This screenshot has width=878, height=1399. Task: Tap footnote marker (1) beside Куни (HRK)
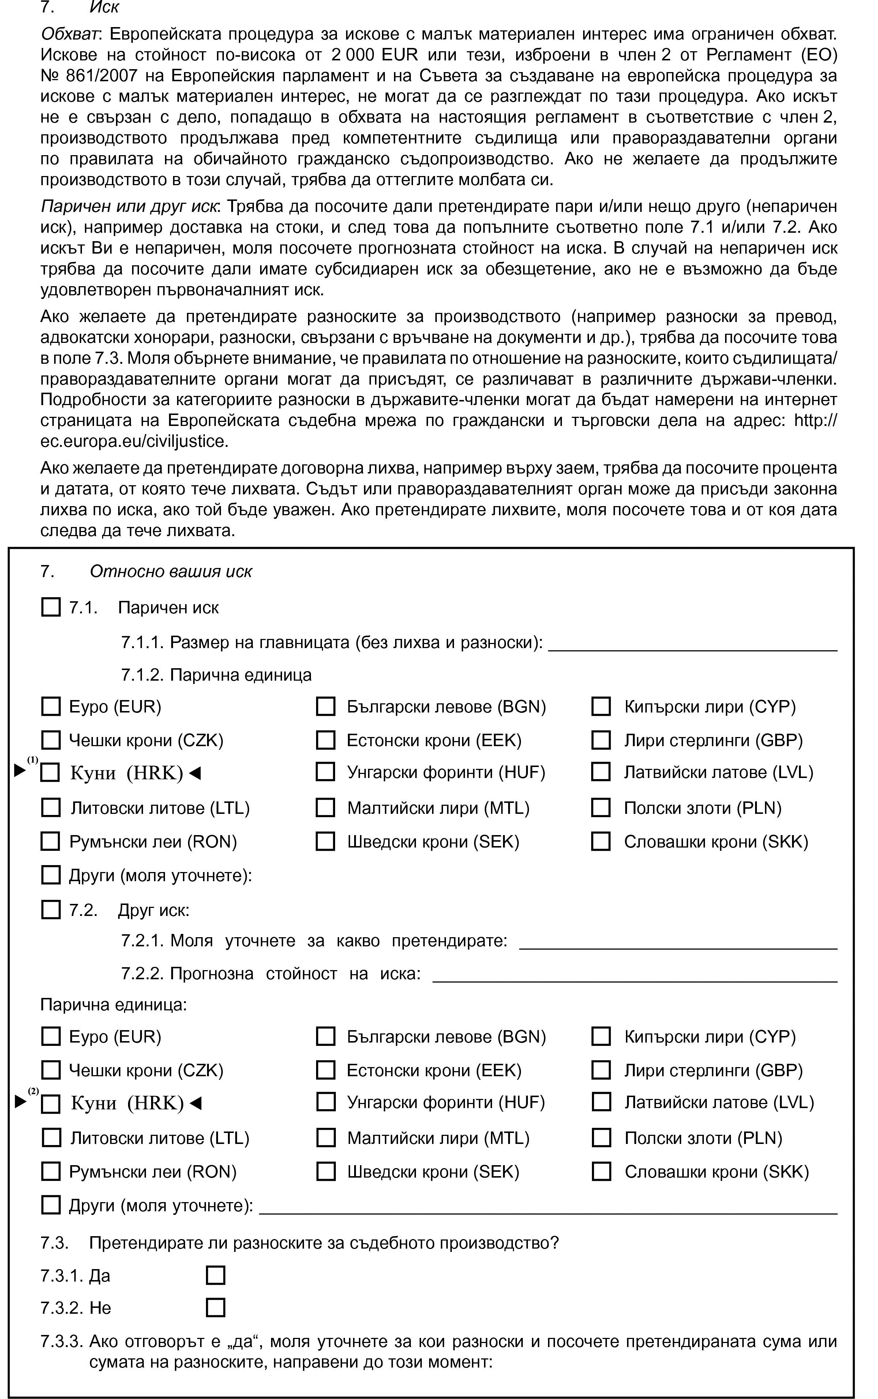(x=33, y=760)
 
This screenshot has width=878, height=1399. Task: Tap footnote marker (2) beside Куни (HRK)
(x=33, y=1091)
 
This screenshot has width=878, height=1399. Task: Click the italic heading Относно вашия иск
(x=171, y=572)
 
